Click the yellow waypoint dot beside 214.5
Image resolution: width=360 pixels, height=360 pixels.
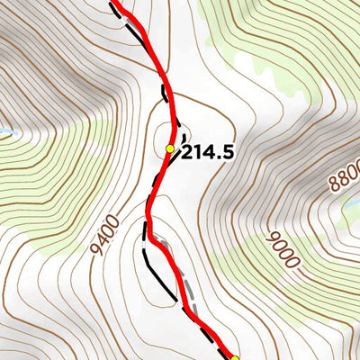tap(170, 148)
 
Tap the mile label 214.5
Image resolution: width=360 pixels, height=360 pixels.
tap(208, 153)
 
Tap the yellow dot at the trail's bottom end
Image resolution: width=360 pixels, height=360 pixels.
tap(237, 358)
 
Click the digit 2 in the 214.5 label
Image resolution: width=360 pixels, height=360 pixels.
tap(187, 153)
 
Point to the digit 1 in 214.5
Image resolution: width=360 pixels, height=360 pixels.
tap(197, 153)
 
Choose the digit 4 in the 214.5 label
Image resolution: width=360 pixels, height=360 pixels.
tap(208, 153)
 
